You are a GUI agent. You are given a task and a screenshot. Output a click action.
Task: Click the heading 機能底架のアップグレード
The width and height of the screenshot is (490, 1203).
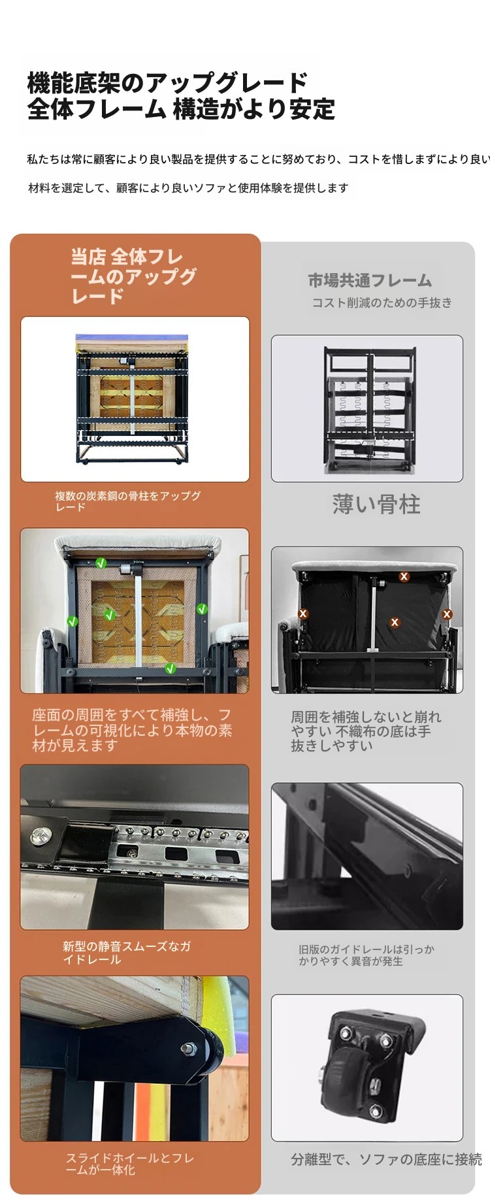(x=167, y=83)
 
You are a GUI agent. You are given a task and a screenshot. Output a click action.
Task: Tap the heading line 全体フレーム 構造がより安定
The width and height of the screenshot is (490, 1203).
(x=181, y=108)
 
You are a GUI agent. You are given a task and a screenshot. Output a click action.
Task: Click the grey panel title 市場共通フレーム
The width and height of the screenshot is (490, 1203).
(x=370, y=280)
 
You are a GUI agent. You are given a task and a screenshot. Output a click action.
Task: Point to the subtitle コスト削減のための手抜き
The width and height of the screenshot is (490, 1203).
(x=382, y=303)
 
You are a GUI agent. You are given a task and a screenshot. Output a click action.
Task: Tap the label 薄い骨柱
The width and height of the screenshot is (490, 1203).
(x=376, y=504)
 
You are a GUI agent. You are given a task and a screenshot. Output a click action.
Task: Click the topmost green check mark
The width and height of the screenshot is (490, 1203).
(x=101, y=563)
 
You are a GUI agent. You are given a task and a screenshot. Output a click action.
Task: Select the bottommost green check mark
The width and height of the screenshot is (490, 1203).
(x=171, y=668)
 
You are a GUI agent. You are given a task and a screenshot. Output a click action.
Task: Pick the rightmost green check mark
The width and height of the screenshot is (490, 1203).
(x=202, y=609)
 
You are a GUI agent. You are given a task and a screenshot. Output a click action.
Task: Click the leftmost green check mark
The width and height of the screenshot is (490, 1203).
(x=73, y=621)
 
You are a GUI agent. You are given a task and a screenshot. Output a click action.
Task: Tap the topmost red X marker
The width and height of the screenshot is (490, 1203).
(x=404, y=576)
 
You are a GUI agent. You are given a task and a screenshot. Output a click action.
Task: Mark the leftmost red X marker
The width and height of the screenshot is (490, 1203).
(x=302, y=614)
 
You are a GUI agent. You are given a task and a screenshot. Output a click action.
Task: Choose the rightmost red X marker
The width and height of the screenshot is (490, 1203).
(x=447, y=614)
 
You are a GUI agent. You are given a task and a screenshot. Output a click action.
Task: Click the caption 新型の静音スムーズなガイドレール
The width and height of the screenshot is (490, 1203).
(x=127, y=953)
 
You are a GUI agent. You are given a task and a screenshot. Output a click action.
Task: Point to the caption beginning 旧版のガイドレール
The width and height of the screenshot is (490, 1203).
(x=367, y=955)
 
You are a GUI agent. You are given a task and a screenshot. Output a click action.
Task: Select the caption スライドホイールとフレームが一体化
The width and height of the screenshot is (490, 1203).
(x=130, y=1164)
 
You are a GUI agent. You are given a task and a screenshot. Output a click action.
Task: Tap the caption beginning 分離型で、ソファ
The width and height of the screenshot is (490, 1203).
(x=387, y=1159)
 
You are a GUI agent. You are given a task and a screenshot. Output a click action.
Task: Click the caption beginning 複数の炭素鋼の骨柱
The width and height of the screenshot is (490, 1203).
(x=127, y=501)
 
